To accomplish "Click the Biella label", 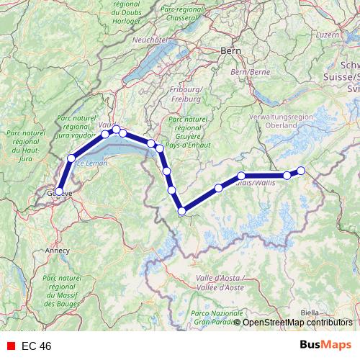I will coord(310,312).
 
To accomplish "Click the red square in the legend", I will coord(11,346).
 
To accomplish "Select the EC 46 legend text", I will coord(36,346).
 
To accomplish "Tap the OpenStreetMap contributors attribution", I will coord(297,323).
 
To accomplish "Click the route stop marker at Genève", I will coord(60,192).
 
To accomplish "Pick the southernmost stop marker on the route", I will coord(182,211).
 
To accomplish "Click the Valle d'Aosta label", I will coord(220,282).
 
